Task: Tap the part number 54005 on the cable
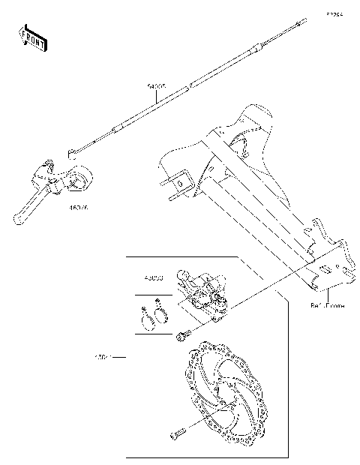click(157, 88)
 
